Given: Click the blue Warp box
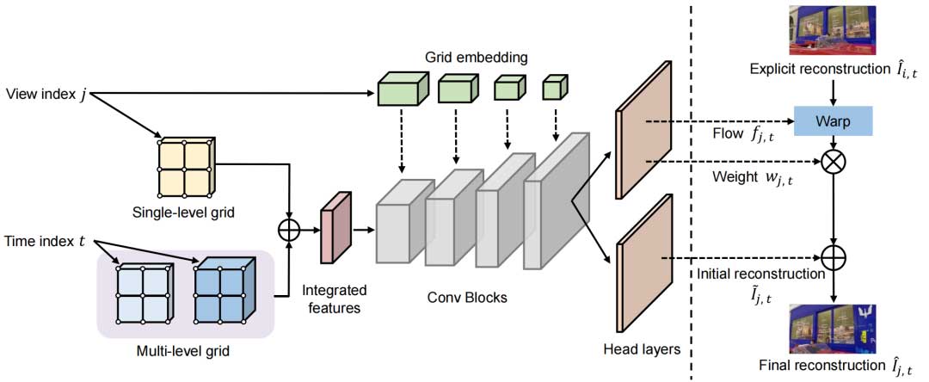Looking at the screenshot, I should pyautogui.click(x=834, y=120).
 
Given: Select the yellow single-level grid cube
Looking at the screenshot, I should pyautogui.click(x=185, y=168).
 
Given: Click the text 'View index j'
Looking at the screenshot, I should pyautogui.click(x=46, y=93).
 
